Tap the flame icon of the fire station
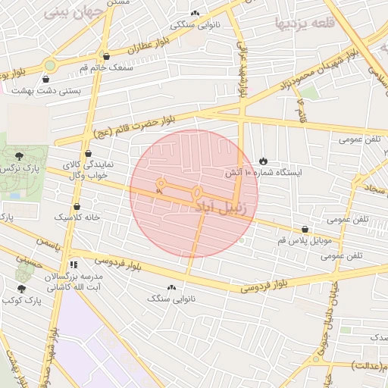point(263,161)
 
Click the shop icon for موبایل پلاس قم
point(305,229)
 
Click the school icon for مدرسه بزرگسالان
point(74,265)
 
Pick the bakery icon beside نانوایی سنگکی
point(196,13)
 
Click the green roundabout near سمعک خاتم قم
point(51,65)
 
